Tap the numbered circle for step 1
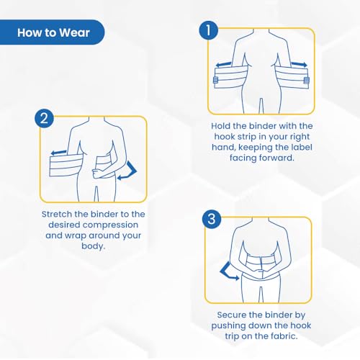(208, 30)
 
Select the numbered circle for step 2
(44, 118)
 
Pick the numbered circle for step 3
(212, 219)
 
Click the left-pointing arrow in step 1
(224, 64)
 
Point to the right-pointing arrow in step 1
(299, 64)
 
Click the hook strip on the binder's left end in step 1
(215, 80)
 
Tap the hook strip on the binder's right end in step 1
(307, 81)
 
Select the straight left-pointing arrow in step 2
(58, 153)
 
